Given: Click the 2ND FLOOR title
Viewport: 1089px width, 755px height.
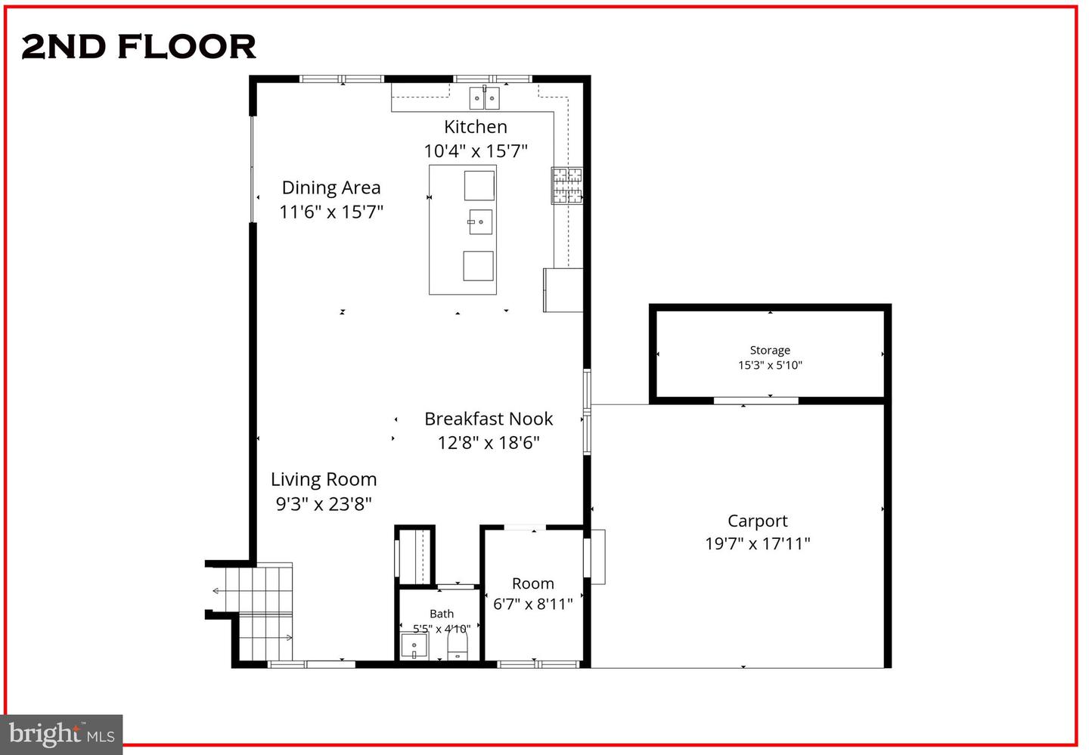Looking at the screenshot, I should [139, 47].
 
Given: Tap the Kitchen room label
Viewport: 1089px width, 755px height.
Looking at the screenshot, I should [475, 127].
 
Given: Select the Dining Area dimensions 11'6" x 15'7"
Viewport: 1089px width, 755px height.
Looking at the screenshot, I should [331, 212].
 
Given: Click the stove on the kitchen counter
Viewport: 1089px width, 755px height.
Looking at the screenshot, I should [566, 185].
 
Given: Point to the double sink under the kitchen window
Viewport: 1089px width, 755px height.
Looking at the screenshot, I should [484, 98].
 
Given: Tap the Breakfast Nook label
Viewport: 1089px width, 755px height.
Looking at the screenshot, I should [489, 419].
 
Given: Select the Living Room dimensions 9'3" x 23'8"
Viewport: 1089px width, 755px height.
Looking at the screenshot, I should [324, 503].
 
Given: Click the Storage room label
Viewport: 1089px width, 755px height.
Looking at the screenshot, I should [770, 351].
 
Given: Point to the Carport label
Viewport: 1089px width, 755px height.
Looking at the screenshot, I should [757, 521].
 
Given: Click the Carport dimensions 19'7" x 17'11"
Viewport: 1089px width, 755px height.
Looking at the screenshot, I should [757, 543].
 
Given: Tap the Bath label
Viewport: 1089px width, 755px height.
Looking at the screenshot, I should [442, 614].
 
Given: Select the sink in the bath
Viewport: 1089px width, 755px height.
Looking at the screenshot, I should [414, 647].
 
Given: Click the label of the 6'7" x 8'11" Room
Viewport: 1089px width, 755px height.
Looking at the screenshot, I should [532, 583].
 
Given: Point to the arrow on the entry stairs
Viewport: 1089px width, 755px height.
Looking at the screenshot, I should [217, 590].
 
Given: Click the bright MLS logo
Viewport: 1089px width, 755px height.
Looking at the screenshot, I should [61, 734].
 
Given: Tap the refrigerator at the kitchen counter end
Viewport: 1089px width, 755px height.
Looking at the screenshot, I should [563, 289].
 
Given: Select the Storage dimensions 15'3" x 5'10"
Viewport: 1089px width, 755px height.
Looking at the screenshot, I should [770, 365].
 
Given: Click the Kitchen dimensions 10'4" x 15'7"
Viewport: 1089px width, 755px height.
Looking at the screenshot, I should [475, 151].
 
